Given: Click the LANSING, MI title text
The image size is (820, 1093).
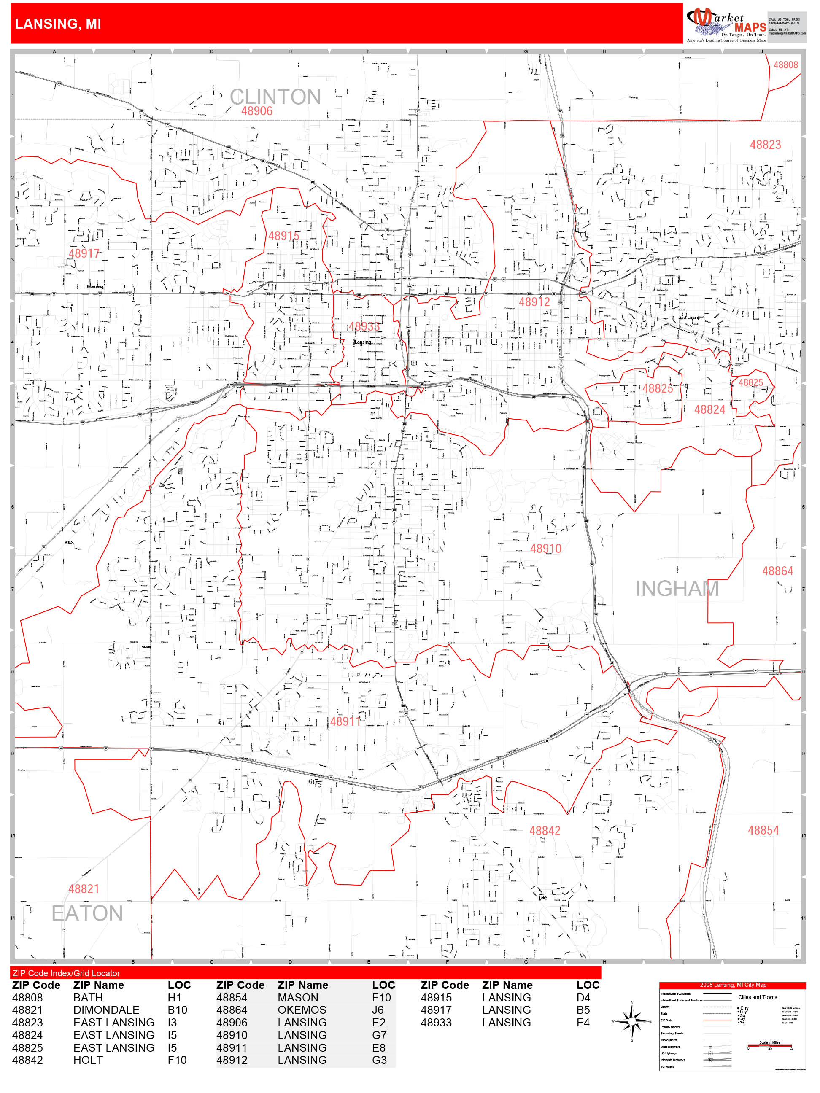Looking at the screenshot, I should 58,24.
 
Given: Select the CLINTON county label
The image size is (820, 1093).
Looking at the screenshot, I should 275,97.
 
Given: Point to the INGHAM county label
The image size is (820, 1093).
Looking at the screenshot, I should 677,589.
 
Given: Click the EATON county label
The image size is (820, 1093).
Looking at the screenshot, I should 87,913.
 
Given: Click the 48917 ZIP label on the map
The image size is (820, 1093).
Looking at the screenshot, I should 84,253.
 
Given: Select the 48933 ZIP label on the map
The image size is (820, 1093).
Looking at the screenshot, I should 364,327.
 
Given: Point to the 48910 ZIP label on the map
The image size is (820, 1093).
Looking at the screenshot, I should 546,549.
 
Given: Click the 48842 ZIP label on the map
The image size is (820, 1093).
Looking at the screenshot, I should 545,831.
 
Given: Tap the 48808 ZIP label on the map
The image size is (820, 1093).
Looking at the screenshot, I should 785,65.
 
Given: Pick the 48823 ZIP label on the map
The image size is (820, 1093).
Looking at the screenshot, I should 765,145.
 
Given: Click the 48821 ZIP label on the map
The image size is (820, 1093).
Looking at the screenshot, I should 84,889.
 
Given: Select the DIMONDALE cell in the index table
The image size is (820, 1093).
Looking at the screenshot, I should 106,1010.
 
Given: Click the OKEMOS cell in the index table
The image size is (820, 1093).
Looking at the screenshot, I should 302,1010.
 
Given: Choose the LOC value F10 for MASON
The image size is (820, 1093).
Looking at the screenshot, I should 381,998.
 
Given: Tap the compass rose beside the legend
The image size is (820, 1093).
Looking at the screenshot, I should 632,1021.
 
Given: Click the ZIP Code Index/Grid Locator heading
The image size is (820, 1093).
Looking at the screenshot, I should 66,973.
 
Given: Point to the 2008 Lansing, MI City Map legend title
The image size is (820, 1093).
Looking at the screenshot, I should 733,985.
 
